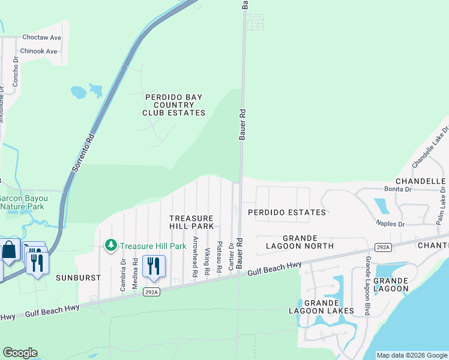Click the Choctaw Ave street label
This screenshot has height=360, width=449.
pos(42,37)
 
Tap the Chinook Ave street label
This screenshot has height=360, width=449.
pos(39,51)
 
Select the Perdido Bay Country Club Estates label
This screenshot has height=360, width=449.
pos(173,105)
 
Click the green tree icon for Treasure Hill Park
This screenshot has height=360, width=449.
pos(110,245)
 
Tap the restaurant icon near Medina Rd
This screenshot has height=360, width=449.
pos(154,266)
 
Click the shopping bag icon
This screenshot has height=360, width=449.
pos(11,250)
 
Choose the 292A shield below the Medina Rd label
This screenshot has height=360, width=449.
pos(151,292)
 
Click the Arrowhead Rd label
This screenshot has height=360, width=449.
pos(196,256)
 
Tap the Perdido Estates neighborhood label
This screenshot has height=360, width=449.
pos(287,212)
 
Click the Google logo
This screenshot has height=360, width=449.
pos(20,353)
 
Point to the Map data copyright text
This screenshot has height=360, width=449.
pos(411,355)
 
